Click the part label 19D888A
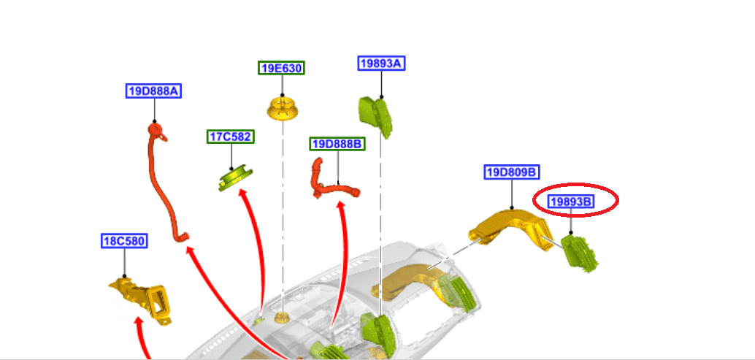point(153,91)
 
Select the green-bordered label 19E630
point(282,69)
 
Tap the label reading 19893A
point(381,64)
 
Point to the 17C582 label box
point(231,137)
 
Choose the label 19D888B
point(337,144)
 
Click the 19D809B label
point(511,172)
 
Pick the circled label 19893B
point(570,202)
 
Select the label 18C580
point(124,241)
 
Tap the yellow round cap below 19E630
point(283,108)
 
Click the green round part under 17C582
point(235,178)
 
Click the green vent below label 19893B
point(580,253)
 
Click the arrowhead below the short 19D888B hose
point(342,206)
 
